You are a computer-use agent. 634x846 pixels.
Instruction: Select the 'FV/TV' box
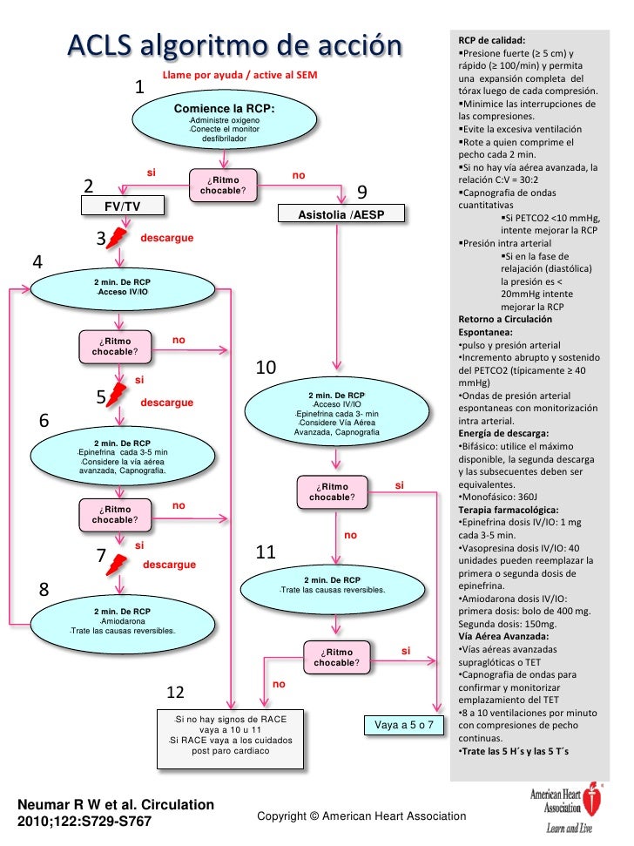tap(122, 206)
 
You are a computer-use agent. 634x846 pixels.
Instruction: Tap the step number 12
tap(175, 692)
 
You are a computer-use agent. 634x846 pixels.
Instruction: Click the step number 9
tap(362, 191)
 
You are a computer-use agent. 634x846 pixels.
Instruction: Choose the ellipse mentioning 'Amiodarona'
tap(121, 620)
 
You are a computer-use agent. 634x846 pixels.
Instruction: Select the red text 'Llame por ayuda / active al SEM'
tap(240, 76)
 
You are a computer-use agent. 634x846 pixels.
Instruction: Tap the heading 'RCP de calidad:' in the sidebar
tap(491, 41)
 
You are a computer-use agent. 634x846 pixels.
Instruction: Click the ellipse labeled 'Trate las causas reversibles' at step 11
tap(332, 585)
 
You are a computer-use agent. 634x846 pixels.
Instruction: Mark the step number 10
tap(266, 369)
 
